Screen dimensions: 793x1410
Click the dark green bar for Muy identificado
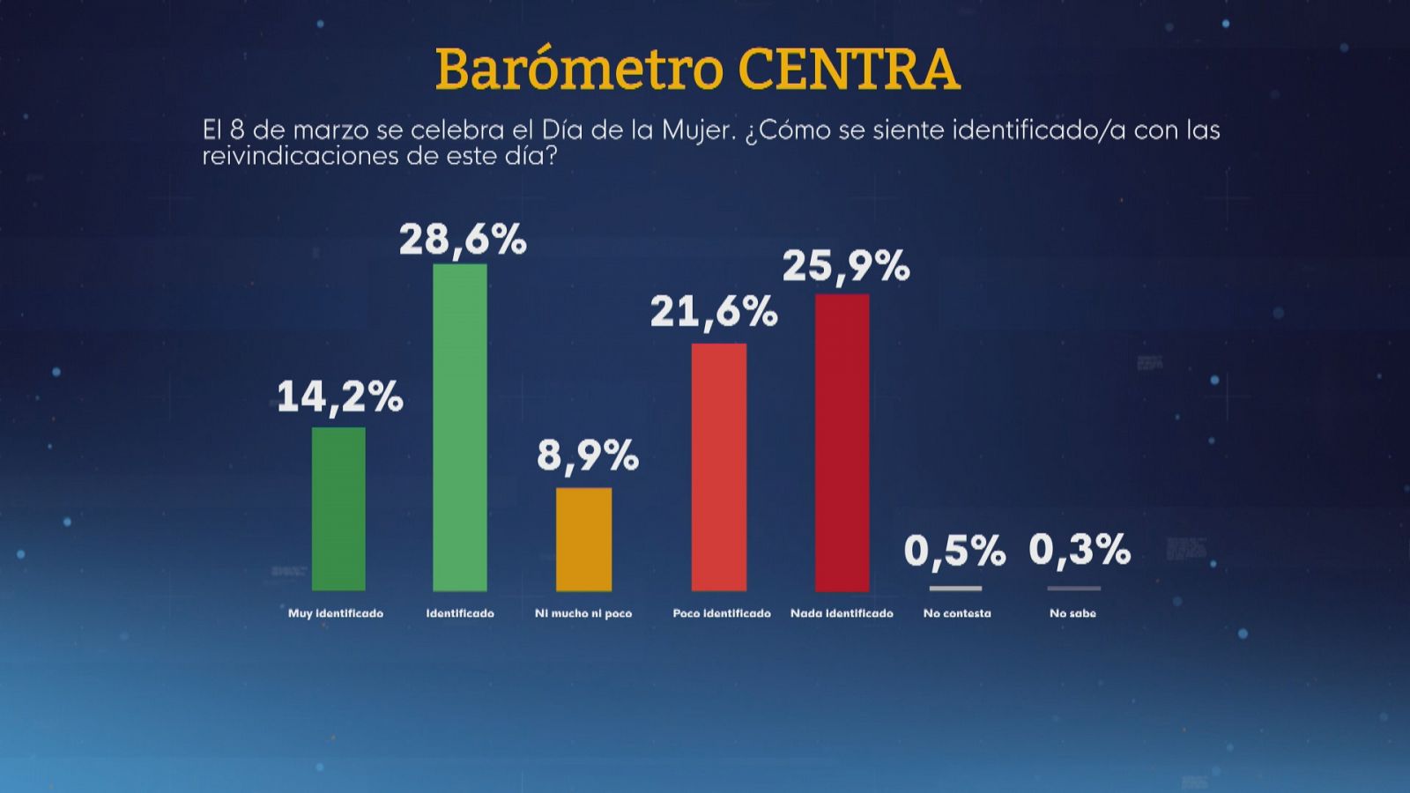pyautogui.click(x=338, y=508)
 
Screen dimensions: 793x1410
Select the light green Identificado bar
pyautogui.click(x=459, y=427)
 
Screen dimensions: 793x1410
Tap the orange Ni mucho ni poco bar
pyautogui.click(x=583, y=539)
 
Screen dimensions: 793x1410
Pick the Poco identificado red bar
pyautogui.click(x=718, y=467)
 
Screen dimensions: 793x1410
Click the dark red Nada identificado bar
pyautogui.click(x=842, y=442)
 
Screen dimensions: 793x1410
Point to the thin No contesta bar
pyautogui.click(x=955, y=589)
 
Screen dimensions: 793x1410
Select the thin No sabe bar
pyautogui.click(x=1073, y=589)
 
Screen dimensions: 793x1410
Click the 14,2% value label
pyautogui.click(x=340, y=397)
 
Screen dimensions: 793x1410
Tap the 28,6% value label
pyautogui.click(x=463, y=241)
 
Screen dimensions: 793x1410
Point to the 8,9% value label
pyautogui.click(x=587, y=456)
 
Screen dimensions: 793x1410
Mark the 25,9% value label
pyautogui.click(x=846, y=267)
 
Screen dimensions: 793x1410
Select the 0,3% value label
pyautogui.click(x=1080, y=551)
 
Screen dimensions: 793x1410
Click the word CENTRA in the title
pyautogui.click(x=849, y=70)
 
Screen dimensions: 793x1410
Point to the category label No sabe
pyautogui.click(x=1072, y=613)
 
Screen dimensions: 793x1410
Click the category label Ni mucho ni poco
pyautogui.click(x=583, y=613)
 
